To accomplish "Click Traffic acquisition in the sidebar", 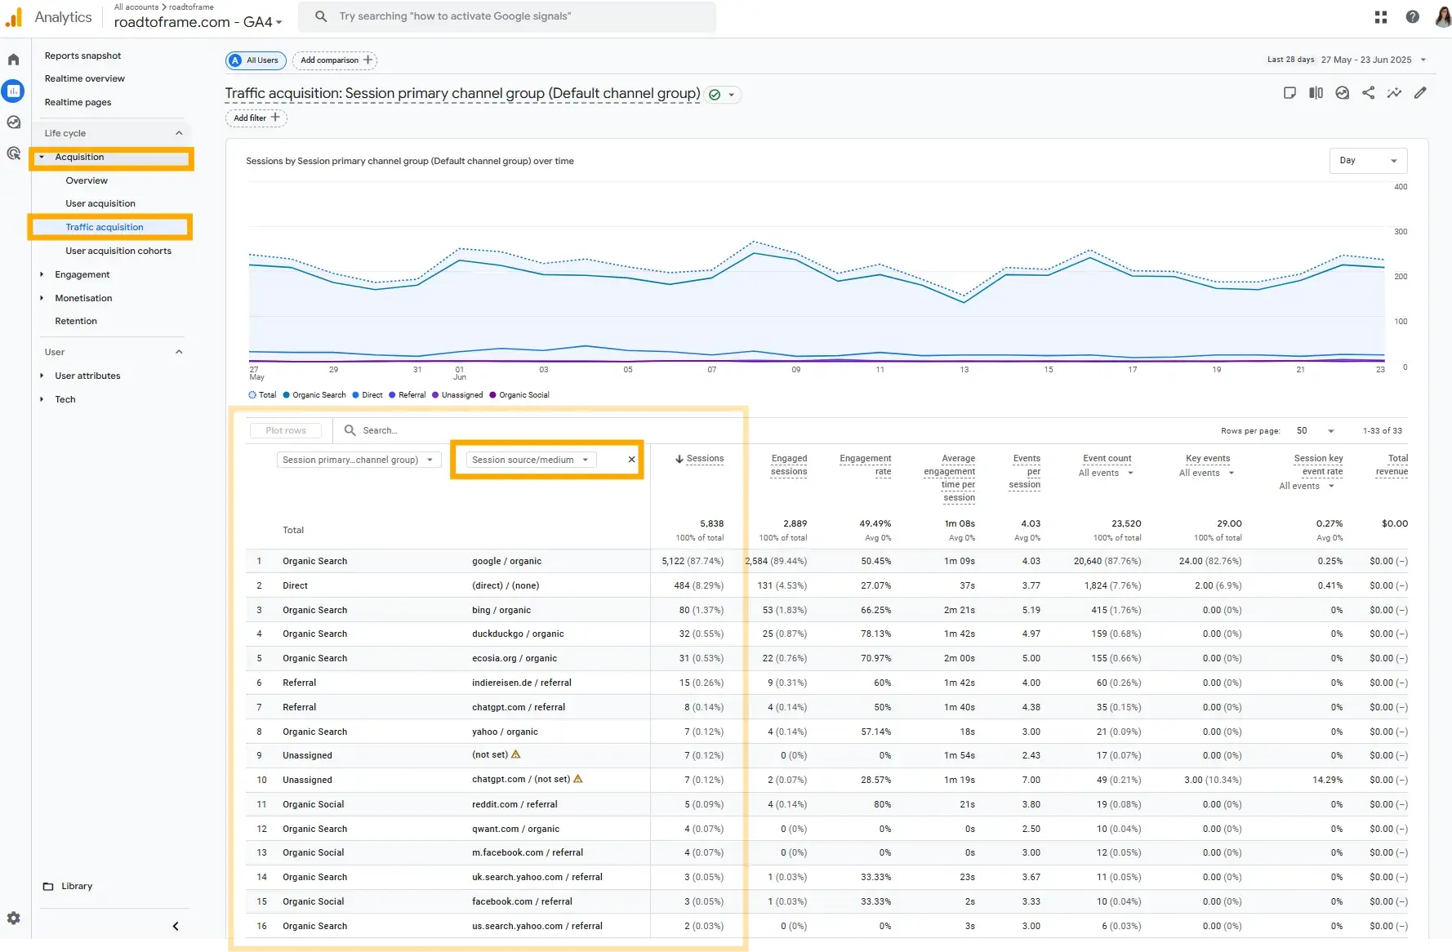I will click(x=105, y=227).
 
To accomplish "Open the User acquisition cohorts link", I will click(x=118, y=251).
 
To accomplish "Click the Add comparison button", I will click(x=335, y=60).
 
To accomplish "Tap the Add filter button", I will click(x=256, y=118).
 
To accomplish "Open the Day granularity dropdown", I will click(x=1368, y=161).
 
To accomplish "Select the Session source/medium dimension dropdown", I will click(x=529, y=460).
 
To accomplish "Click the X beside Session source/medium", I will click(x=631, y=460).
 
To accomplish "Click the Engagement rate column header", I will click(x=865, y=465).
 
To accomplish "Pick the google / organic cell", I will click(x=506, y=562).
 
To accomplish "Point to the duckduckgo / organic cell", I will click(x=518, y=634).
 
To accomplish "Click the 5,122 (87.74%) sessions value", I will click(x=692, y=562).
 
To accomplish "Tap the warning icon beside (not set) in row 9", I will click(x=515, y=754).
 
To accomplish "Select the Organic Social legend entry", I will click(x=523, y=395).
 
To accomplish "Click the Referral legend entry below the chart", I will click(x=411, y=395).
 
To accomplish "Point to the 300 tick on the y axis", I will click(x=1400, y=232).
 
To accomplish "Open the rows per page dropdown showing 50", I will click(x=1315, y=431).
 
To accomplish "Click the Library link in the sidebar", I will click(x=76, y=887).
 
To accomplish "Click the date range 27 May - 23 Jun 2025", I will click(x=1366, y=60).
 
